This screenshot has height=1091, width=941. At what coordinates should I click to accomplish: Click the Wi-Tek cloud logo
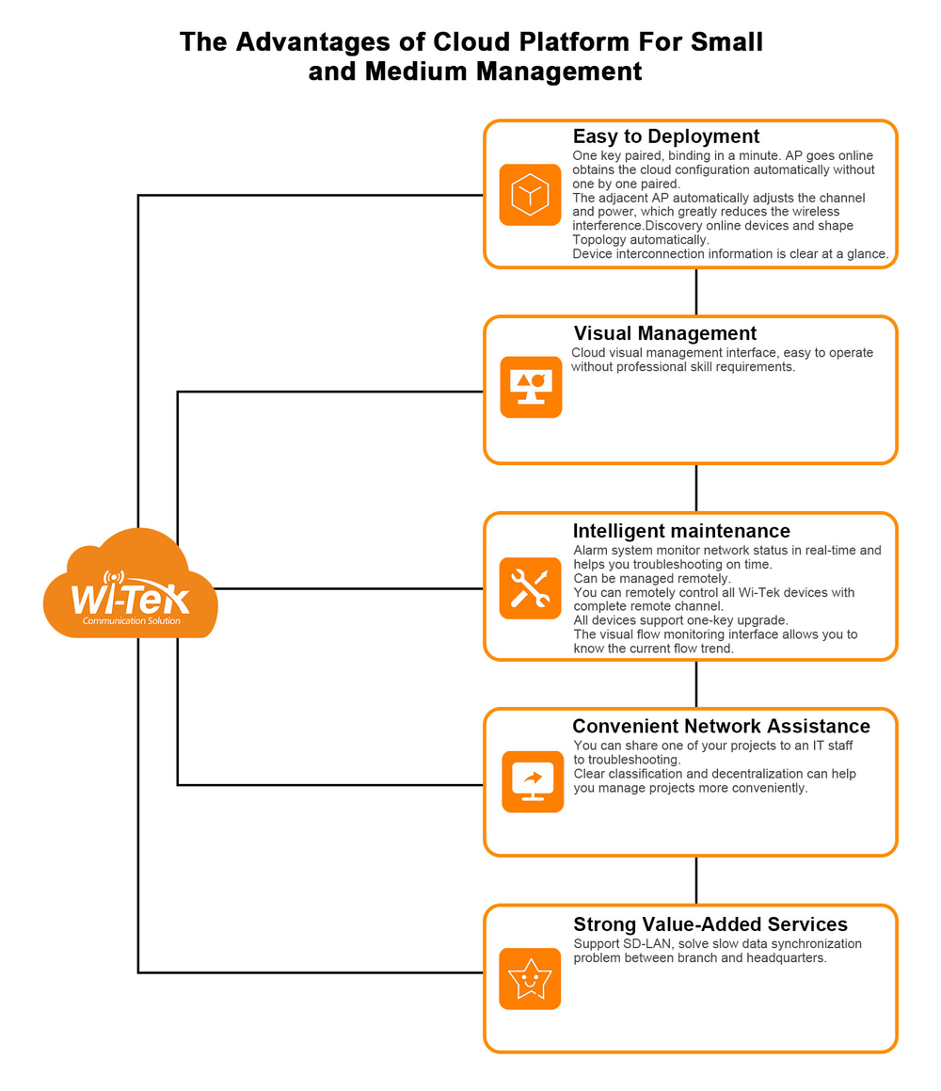tap(130, 585)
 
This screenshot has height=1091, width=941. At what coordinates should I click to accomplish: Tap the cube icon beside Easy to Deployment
tap(530, 195)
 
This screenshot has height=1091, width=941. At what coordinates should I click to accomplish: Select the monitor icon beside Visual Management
tap(531, 388)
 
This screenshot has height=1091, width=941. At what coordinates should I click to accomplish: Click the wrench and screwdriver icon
tap(530, 588)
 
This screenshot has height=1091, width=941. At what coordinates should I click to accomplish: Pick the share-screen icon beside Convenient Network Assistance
tap(533, 781)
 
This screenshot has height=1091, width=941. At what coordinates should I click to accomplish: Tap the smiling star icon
tap(530, 979)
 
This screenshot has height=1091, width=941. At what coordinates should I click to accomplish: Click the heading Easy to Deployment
tap(666, 136)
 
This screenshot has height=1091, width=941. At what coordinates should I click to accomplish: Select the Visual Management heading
tap(665, 333)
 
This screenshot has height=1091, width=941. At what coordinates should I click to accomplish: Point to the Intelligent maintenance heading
tap(681, 531)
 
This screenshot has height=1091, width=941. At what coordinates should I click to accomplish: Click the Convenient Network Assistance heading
tap(721, 727)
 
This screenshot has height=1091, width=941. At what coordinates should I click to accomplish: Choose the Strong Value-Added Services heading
tap(710, 924)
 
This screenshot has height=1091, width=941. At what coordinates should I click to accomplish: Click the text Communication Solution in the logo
tap(132, 620)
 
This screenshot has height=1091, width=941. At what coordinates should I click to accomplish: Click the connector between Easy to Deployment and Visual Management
tap(696, 292)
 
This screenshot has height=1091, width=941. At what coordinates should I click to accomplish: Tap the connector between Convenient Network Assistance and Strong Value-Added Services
tap(696, 881)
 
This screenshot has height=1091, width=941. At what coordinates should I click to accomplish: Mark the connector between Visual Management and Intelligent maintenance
tap(696, 489)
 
